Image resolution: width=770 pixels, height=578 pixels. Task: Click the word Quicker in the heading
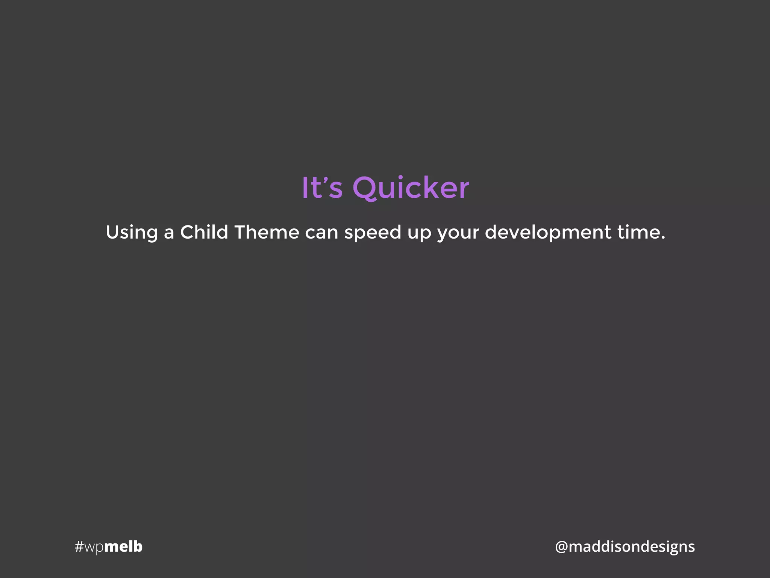pos(411,188)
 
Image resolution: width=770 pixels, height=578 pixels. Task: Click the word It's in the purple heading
pos(322,188)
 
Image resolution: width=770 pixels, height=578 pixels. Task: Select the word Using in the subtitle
pos(132,233)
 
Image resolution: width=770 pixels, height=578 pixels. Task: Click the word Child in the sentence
pos(204,232)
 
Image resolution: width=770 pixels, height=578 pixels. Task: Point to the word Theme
pos(267,232)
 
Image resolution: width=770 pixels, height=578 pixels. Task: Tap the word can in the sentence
pos(321,233)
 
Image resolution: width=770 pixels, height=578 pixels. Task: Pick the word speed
pos(373,233)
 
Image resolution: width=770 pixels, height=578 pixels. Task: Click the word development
pos(548,233)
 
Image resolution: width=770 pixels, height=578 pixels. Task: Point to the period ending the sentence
pos(663,238)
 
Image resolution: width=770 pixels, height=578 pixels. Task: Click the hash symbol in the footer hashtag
pos(79,546)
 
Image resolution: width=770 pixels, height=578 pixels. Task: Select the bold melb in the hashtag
pos(123,546)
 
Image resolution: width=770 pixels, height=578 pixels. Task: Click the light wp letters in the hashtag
pos(94,548)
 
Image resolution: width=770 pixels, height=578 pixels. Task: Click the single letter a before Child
pos(169,234)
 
